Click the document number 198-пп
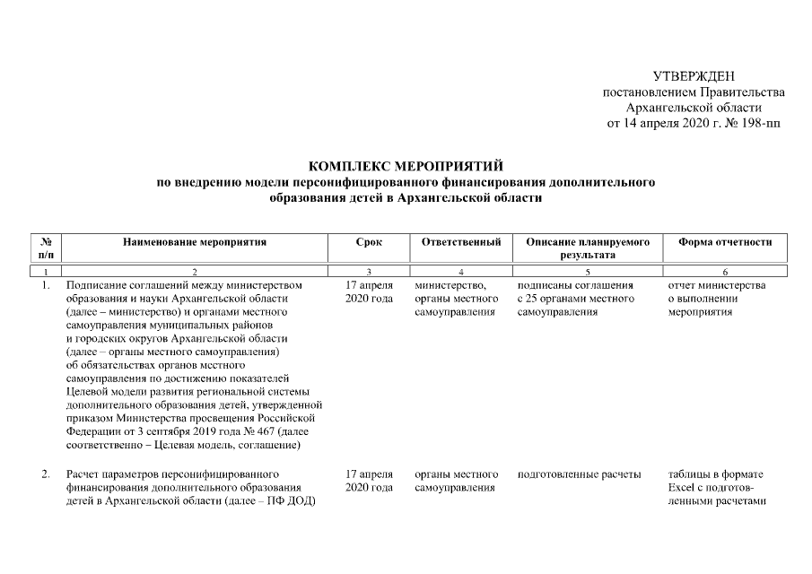coord(756,123)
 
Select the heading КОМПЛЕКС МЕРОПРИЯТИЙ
coord(406,166)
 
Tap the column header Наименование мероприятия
coord(196,242)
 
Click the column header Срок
coord(369,242)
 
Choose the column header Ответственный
coord(460,242)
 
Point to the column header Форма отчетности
coord(725,242)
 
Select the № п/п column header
coord(46,248)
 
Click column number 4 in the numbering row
coord(460,272)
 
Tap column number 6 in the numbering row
coord(725,272)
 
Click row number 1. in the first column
coord(46,285)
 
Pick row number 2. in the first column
coord(46,474)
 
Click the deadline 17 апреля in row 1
coord(369,285)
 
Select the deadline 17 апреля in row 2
coord(369,474)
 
